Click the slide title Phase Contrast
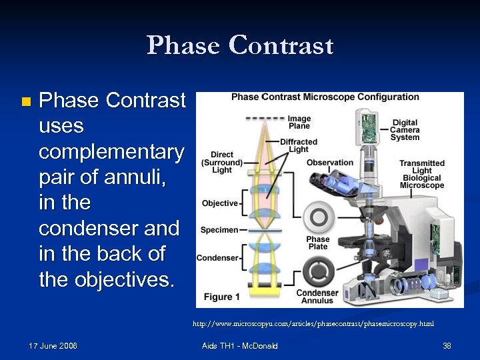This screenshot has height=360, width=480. tap(240, 45)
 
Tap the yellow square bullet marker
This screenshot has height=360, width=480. tap(25, 102)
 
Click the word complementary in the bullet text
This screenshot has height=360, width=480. tap(111, 152)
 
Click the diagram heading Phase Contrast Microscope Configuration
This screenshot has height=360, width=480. tap(325, 97)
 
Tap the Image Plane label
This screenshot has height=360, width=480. tap(299, 122)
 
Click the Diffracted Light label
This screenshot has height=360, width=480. tap(299, 145)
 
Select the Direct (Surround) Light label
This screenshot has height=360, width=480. tap(221, 162)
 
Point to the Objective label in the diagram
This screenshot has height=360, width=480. tap(219, 203)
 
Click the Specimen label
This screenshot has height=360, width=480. tap(219, 230)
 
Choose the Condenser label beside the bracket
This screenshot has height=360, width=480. tap(217, 258)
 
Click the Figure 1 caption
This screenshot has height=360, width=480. tap(218, 297)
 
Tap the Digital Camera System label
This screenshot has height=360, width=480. tap(405, 130)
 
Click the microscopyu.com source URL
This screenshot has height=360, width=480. tap(313, 324)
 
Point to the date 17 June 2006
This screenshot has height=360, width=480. tap(53, 346)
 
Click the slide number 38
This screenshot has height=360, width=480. tap(447, 346)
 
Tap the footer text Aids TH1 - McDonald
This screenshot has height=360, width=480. tap(239, 346)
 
